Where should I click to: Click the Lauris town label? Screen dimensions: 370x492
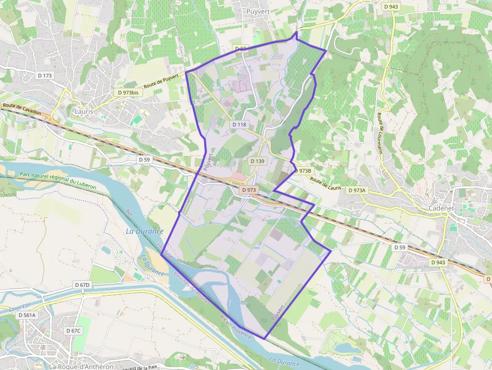[83, 111]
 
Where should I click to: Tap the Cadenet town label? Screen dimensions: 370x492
[442, 208]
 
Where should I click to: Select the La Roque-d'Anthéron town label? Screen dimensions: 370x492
[81, 366]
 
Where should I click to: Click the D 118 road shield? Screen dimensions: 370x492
[239, 125]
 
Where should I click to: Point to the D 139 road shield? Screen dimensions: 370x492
[257, 161]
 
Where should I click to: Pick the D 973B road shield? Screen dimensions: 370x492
[302, 171]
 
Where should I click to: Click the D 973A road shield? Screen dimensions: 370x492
[357, 190]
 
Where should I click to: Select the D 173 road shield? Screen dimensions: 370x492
[45, 75]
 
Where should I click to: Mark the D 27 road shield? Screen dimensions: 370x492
[241, 49]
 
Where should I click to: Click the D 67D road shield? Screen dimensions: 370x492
[82, 285]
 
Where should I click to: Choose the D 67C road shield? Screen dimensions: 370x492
[73, 331]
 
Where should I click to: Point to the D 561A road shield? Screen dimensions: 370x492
[27, 315]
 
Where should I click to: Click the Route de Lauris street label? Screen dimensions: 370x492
[325, 183]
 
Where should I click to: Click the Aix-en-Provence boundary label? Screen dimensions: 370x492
[235, 327]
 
